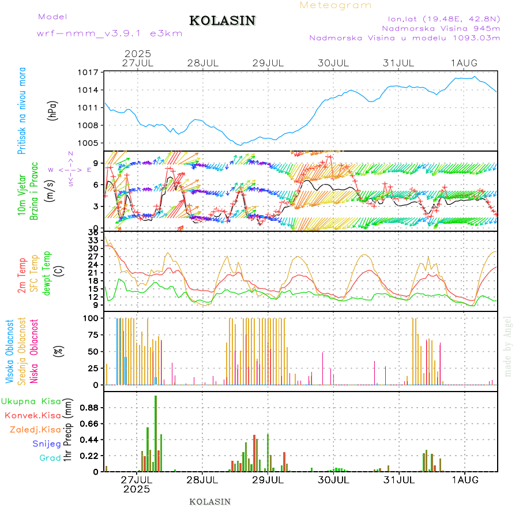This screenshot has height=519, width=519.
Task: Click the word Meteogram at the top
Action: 336,5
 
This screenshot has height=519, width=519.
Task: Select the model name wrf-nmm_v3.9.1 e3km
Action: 110,33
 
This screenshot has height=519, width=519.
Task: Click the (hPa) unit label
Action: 52,110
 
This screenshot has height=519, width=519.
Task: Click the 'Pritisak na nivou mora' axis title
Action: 22,111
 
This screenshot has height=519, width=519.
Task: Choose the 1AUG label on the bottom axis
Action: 464,479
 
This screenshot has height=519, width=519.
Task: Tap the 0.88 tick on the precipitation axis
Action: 89,408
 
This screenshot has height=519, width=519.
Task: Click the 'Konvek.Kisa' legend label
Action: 33,415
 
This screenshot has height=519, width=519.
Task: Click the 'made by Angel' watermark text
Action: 508,346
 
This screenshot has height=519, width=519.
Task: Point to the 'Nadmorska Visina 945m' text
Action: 441,28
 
